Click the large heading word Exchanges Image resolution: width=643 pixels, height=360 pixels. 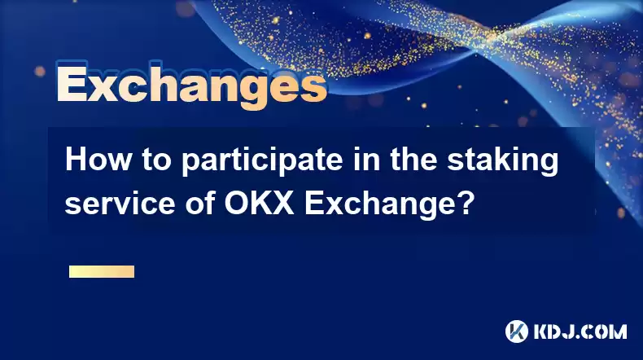click(x=191, y=86)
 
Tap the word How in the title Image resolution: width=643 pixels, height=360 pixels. click(x=98, y=160)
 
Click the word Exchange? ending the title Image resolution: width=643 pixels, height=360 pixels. click(x=389, y=205)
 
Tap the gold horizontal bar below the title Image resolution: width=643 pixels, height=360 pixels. click(x=102, y=272)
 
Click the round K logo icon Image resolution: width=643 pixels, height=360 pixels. click(x=517, y=331)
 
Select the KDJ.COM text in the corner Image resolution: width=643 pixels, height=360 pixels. click(x=580, y=331)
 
